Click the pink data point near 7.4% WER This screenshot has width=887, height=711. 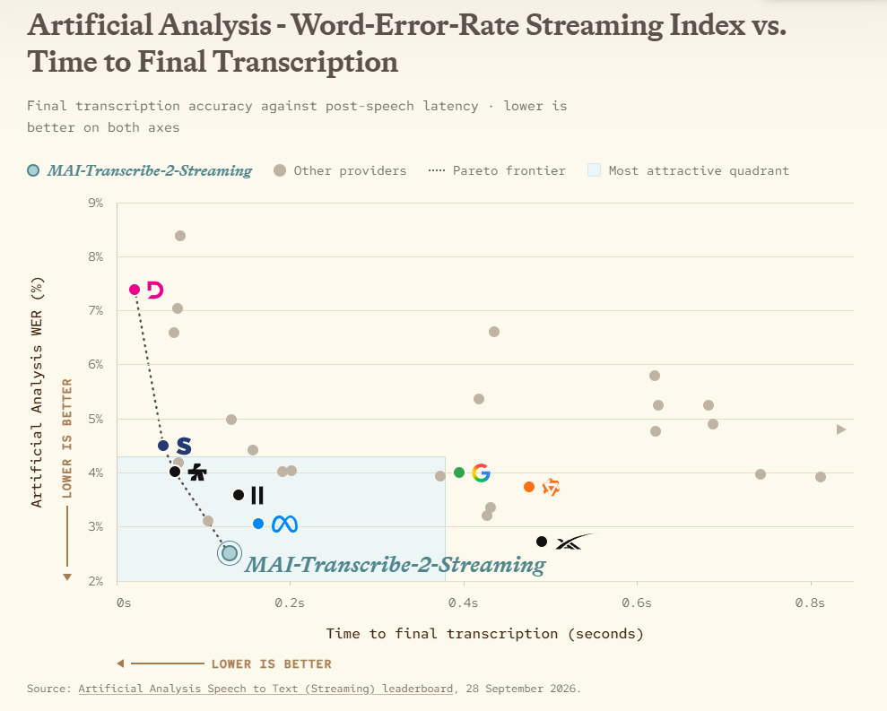tap(135, 290)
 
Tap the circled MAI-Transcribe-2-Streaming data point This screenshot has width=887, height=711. tap(230, 552)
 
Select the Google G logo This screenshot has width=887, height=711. tap(481, 473)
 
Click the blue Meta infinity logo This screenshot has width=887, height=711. tap(284, 525)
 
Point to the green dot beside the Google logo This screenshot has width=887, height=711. tap(459, 473)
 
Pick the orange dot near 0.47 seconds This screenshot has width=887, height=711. tap(529, 487)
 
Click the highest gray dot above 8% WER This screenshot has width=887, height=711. tap(180, 236)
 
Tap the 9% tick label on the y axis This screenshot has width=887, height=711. tap(96, 203)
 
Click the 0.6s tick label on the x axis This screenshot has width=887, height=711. tap(637, 603)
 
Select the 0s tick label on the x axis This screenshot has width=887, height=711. tap(124, 603)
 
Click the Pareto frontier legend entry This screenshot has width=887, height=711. tap(497, 171)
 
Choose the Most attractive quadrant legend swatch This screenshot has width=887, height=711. tap(594, 170)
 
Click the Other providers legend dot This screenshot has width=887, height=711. tap(280, 170)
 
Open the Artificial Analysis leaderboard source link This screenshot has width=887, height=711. tap(265, 689)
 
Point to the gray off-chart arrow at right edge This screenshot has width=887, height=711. tap(841, 429)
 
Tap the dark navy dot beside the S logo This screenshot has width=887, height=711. tap(163, 446)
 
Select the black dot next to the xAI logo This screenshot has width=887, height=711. tap(542, 542)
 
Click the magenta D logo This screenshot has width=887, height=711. tap(155, 290)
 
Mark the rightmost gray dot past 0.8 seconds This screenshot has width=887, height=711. tap(821, 477)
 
